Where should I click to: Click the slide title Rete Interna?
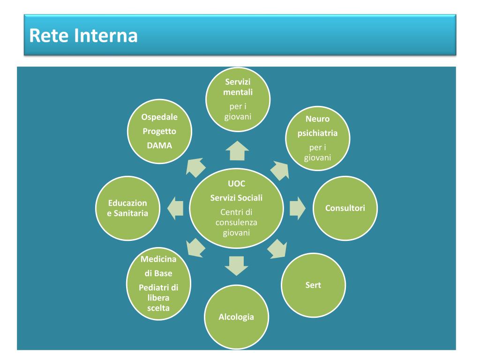point(83,36)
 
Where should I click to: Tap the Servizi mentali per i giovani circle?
point(239,99)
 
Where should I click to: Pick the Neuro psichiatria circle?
point(317,138)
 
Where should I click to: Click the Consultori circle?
point(345,208)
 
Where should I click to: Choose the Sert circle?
point(313,285)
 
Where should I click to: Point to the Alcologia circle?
point(236,317)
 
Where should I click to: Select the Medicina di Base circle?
point(158,284)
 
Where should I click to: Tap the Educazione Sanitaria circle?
point(127,208)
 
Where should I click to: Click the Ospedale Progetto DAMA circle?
point(159,132)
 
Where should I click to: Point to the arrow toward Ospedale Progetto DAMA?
point(196,166)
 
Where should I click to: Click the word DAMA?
point(159,145)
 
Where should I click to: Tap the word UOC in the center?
point(236,184)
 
